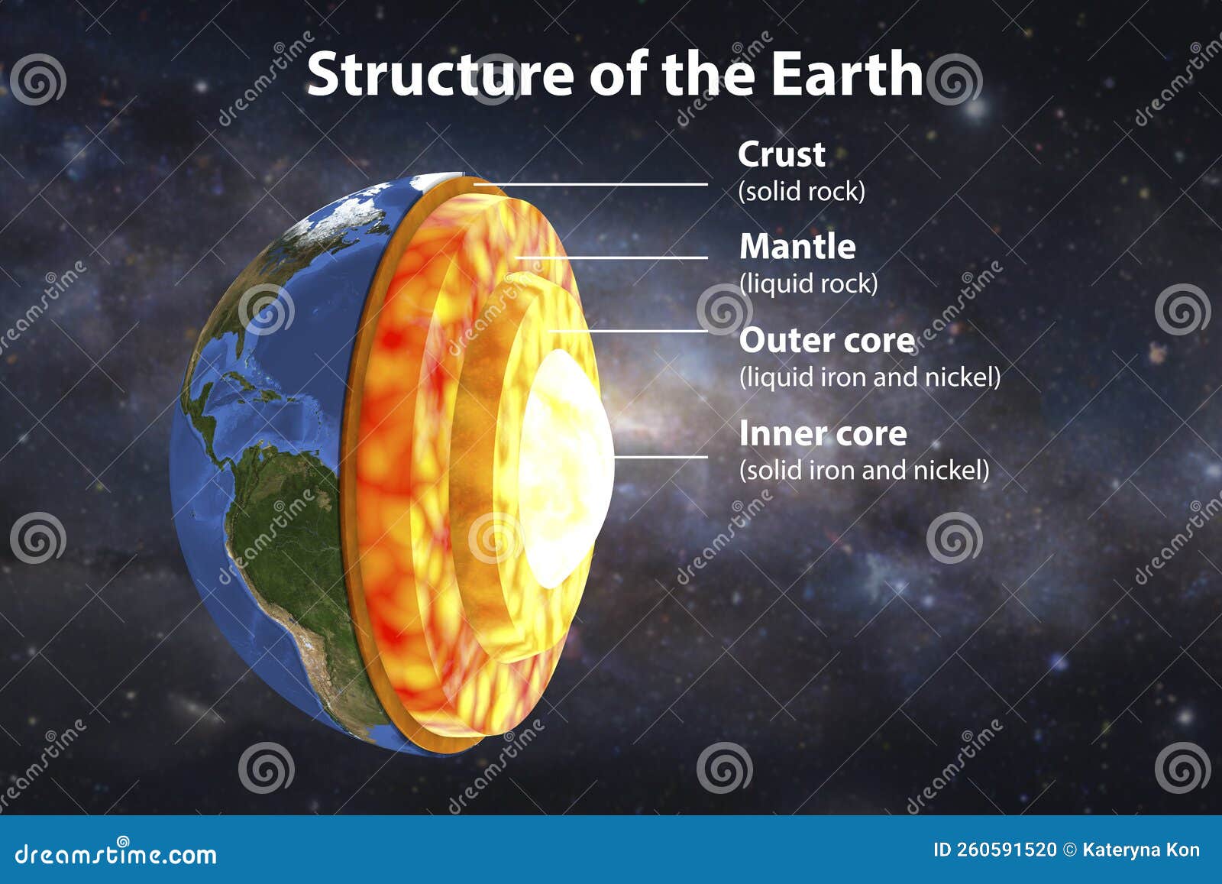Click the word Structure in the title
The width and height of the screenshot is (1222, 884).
click(439, 74)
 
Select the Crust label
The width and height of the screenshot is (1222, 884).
click(781, 154)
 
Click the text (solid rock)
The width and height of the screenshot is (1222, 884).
click(801, 191)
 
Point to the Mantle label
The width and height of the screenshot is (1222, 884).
click(797, 247)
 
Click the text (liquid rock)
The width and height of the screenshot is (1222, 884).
click(808, 283)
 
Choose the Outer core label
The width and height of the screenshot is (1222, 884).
click(826, 341)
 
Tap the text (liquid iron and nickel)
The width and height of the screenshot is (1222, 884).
click(869, 377)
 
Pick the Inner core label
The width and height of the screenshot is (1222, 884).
click(823, 434)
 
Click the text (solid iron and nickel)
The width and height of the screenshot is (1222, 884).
click(864, 470)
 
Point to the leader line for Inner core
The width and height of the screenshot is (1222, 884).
click(661, 457)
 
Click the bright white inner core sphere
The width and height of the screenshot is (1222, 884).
click(565, 466)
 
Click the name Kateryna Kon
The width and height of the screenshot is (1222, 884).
click(1141, 850)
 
